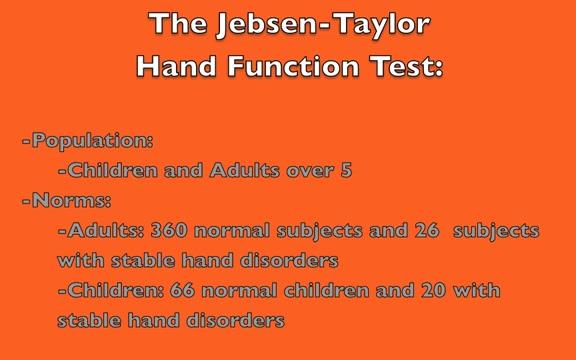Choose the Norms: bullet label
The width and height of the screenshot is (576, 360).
tap(67, 200)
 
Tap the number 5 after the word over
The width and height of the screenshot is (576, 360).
tap(346, 170)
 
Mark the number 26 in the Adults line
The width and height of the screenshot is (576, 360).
tap(426, 231)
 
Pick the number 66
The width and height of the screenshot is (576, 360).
tap(182, 291)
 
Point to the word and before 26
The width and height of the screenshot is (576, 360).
tap(384, 231)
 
